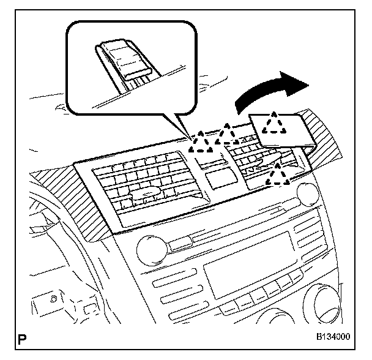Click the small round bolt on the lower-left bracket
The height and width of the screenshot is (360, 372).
tap(55, 299)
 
